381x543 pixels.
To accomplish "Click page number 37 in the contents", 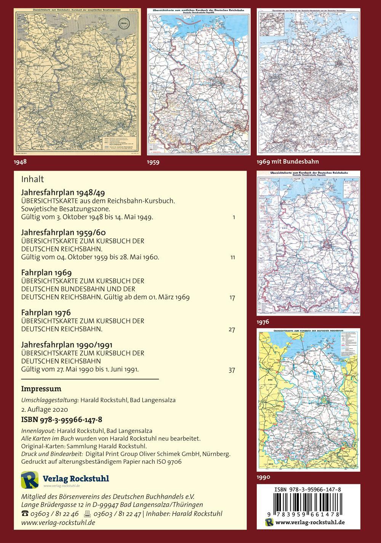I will tap(232, 370).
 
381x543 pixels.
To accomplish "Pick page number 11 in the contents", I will tap(232, 258).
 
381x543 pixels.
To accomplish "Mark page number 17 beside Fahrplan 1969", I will tap(232, 298).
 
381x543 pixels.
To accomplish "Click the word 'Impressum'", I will tap(41, 389).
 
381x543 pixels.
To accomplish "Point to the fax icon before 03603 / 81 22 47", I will tap(86, 513).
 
